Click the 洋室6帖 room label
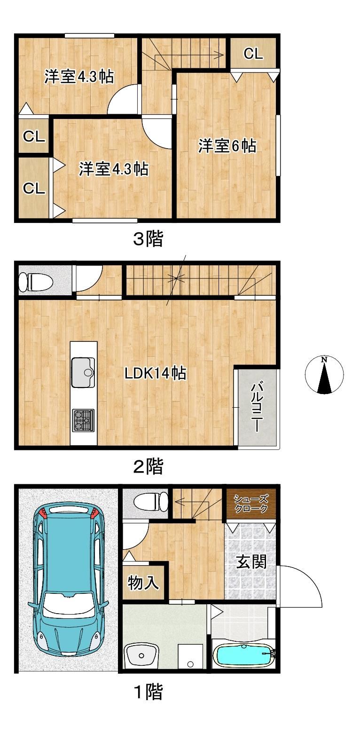pos(227,146)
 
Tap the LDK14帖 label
pos(155,373)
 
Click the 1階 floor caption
pos(149,692)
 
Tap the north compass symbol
pos(324,375)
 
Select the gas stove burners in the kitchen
pos(83,420)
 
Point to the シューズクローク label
pos(250,504)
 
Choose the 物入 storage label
pos(143,583)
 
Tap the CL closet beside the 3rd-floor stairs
pos(253,53)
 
